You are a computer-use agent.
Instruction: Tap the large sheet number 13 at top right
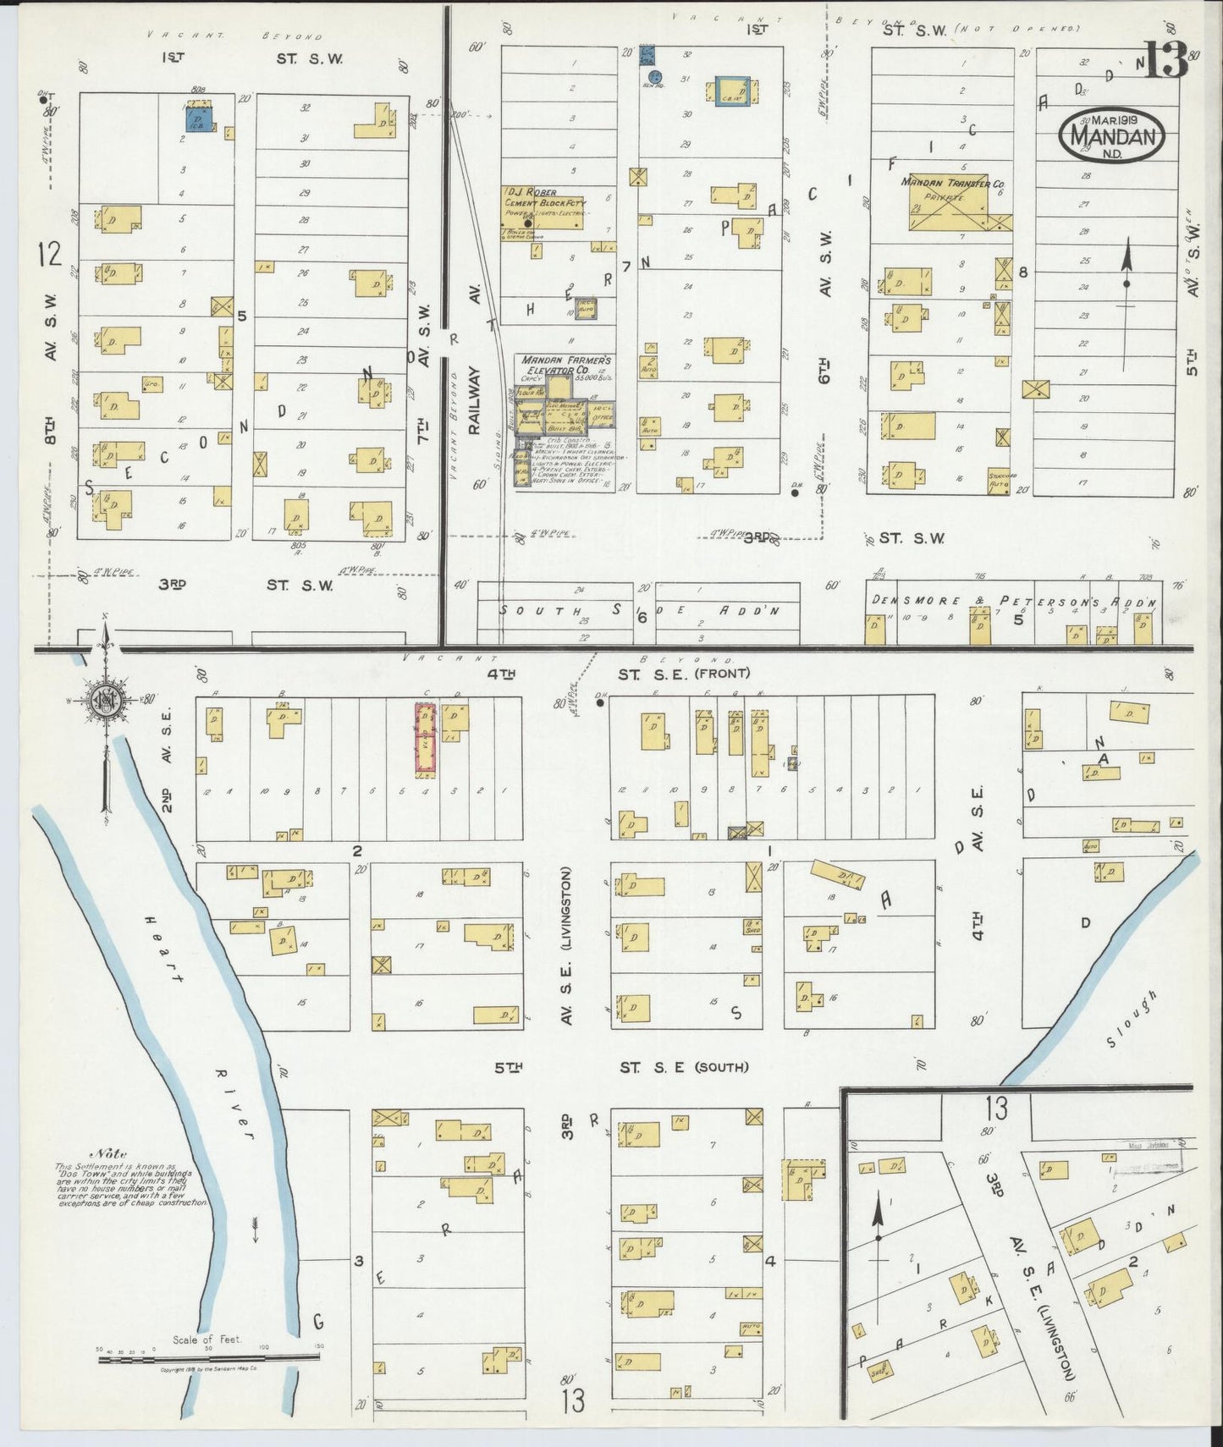[x=1166, y=61]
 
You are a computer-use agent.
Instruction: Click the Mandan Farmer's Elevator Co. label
[x=565, y=365]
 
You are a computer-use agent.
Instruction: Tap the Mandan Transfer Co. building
[x=949, y=202]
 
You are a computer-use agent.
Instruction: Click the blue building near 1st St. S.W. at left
[x=199, y=118]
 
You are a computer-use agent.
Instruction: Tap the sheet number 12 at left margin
[x=50, y=253]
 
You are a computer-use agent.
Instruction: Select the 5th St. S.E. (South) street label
[x=622, y=1068]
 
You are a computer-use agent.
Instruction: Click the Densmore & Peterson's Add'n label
[x=1011, y=601]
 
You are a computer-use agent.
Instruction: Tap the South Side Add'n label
[x=639, y=610]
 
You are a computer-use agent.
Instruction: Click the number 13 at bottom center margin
[x=573, y=1400]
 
